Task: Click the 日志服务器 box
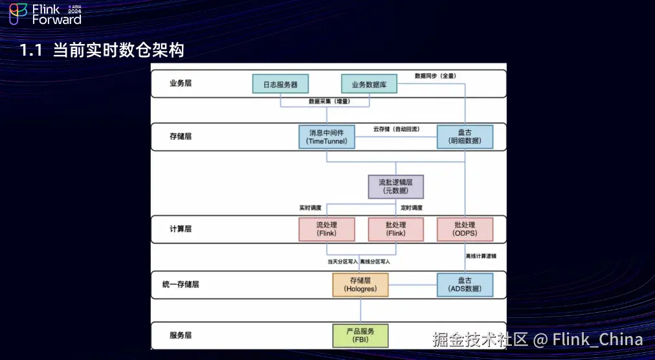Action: (280, 84)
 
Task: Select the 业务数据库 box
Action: (369, 84)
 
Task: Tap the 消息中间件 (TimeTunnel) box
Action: (327, 137)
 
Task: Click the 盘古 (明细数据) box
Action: (465, 137)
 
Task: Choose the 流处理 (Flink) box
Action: (327, 229)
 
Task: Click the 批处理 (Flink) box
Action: (395, 229)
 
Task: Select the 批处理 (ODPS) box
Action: (465, 229)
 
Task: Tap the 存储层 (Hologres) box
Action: (361, 285)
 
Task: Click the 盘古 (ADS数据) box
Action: (465, 285)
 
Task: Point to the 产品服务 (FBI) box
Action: (361, 335)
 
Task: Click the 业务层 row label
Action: (181, 84)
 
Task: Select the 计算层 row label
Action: (181, 229)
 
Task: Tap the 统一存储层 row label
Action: (181, 285)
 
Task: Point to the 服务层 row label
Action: (181, 335)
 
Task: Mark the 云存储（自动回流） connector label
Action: (396, 129)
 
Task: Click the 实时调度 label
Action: (309, 208)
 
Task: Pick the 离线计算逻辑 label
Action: (481, 256)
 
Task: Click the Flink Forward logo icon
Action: (18, 14)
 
